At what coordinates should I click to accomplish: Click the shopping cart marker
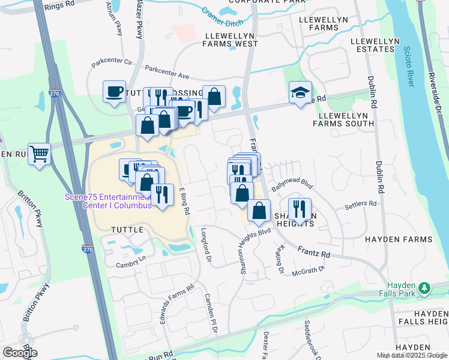coord(39,154)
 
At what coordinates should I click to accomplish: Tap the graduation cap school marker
coord(300,92)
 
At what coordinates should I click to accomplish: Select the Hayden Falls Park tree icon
coord(424,289)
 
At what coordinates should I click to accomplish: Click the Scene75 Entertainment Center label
coord(108,201)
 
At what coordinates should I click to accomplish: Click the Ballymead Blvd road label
coord(292,182)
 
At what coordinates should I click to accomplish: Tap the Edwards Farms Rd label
coord(178,304)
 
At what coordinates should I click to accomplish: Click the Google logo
coord(20,353)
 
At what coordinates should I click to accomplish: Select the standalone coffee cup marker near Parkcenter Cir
coord(114,92)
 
